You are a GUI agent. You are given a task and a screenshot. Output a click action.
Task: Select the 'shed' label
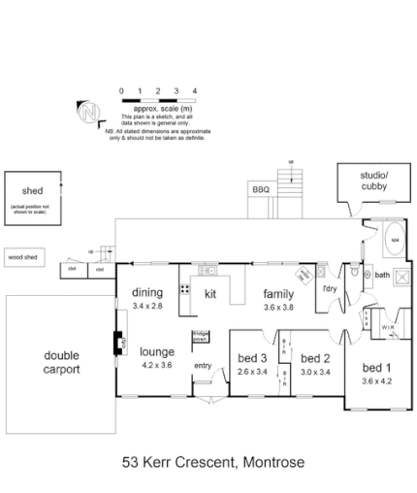(x=19, y=188)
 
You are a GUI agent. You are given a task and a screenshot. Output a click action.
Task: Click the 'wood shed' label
(x=21, y=258)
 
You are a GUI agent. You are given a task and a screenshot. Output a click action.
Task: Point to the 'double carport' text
(x=61, y=363)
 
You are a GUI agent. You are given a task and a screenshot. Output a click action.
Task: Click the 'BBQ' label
(x=261, y=189)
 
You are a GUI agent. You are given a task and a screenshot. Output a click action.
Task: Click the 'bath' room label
(x=382, y=275)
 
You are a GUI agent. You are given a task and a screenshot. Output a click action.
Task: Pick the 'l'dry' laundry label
(x=330, y=287)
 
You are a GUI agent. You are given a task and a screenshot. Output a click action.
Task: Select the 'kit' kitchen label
(x=208, y=292)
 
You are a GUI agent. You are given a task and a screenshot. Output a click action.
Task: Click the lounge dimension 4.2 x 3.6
(x=155, y=365)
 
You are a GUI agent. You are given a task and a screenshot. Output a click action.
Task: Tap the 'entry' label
(x=203, y=365)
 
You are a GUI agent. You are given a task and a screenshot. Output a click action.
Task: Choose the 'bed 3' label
(x=250, y=356)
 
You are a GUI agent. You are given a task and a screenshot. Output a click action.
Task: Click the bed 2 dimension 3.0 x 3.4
(x=315, y=370)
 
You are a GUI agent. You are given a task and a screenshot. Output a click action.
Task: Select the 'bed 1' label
(x=377, y=368)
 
